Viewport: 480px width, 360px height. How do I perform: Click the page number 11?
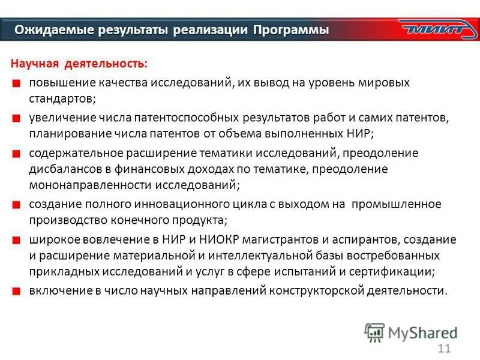[x=445, y=349]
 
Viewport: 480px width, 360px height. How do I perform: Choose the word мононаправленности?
[x=81, y=185]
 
